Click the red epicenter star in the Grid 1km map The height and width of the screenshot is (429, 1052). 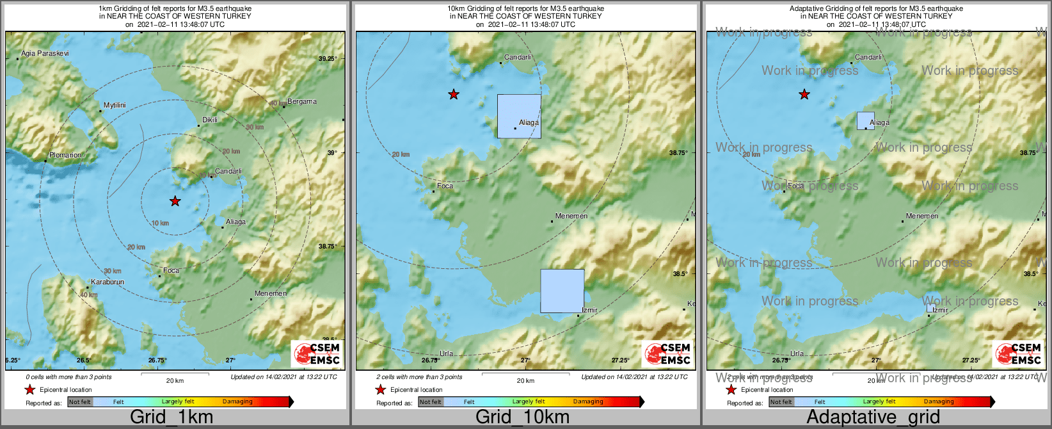pos(175,201)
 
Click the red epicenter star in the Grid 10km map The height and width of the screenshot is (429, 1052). pos(454,95)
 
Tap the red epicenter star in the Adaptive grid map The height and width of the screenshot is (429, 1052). pos(804,95)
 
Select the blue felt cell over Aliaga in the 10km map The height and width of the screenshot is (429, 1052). pos(519,116)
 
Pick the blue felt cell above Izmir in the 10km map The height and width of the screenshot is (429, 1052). pos(562,291)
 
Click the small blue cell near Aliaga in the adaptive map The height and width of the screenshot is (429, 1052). pos(865,120)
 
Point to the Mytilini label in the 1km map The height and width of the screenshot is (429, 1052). pos(115,105)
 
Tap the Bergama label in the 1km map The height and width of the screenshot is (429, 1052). pos(302,101)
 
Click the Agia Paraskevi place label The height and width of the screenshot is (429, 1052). pos(45,53)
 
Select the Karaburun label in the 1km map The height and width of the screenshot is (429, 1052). pos(108,282)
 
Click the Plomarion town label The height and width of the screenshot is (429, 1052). pos(65,155)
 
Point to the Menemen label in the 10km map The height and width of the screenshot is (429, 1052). pos(571,216)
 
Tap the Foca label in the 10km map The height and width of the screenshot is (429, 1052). pos(445,186)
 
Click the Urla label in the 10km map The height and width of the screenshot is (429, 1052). pos(446,353)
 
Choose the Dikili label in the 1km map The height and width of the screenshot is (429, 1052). pos(210,120)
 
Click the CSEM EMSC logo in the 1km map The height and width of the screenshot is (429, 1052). pos(316,353)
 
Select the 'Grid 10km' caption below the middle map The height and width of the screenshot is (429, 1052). pos(522,417)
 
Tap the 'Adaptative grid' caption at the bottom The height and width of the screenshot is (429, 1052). pos(873,417)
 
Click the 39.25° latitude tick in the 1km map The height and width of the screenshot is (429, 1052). pos(328,59)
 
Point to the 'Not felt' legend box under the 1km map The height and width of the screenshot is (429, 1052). pos(80,402)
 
